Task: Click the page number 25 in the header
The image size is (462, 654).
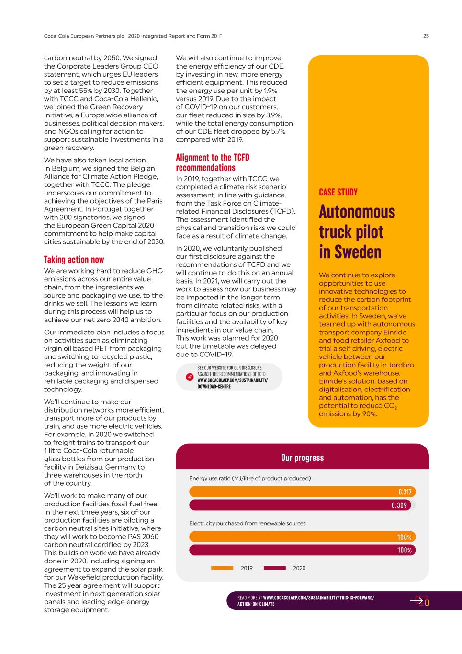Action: [426, 36]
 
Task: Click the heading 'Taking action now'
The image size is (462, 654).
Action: [74, 260]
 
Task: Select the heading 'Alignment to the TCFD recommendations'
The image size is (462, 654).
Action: [213, 162]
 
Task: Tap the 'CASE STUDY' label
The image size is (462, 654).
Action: [338, 192]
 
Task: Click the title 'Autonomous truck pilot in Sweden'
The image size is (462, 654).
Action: [357, 232]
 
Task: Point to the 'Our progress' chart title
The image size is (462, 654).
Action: [302, 458]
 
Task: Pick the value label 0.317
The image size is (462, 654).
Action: [405, 492]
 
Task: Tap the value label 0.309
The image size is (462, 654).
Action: [399, 505]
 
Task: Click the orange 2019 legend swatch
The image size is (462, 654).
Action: [222, 568]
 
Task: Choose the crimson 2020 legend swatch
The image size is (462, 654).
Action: [275, 568]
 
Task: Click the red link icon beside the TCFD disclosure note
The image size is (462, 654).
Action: [190, 377]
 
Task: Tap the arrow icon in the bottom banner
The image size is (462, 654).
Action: [417, 601]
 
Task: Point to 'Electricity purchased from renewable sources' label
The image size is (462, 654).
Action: [247, 523]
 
